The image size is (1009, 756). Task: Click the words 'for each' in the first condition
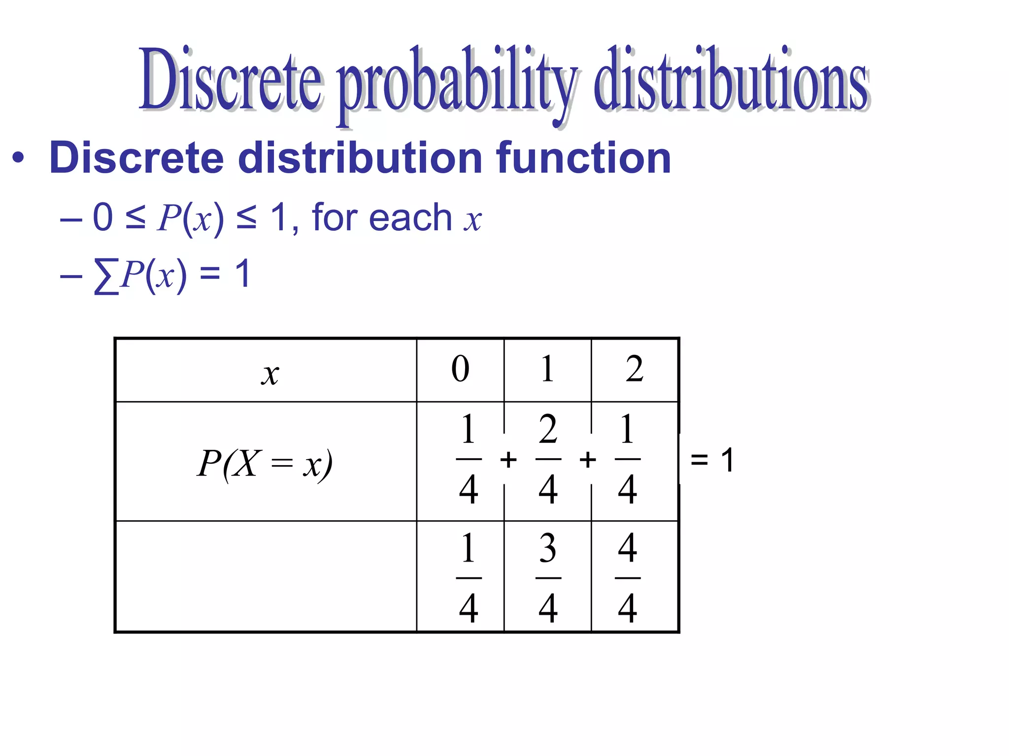pyautogui.click(x=382, y=217)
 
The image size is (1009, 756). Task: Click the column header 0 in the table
pyautogui.click(x=460, y=369)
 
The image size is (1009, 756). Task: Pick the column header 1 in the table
pyautogui.click(x=547, y=369)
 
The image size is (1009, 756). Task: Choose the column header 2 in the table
pyautogui.click(x=635, y=369)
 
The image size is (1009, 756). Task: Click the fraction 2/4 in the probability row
pyautogui.click(x=548, y=459)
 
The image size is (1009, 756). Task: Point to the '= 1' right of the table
pyautogui.click(x=712, y=460)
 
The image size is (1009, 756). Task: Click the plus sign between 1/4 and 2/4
pyautogui.click(x=508, y=460)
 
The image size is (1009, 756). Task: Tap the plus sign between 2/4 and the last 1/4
pyautogui.click(x=588, y=460)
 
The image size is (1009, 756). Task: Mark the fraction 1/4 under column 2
pyautogui.click(x=628, y=459)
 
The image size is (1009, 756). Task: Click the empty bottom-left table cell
pyautogui.click(x=266, y=576)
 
